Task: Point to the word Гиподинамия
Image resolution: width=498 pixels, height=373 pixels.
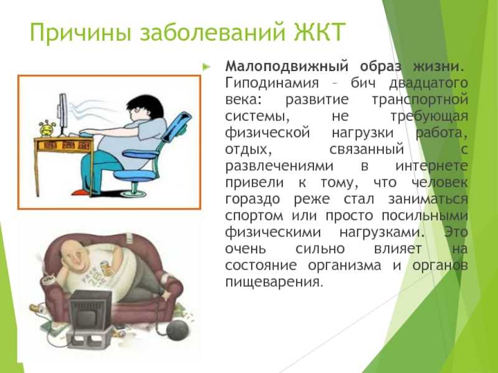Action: click(x=272, y=83)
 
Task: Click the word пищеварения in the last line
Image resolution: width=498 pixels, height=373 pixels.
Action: click(x=274, y=282)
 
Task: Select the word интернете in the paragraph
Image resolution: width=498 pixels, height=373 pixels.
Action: click(x=431, y=165)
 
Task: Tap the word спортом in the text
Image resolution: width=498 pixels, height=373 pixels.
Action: click(x=254, y=216)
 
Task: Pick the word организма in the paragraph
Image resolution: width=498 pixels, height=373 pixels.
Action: click(x=344, y=265)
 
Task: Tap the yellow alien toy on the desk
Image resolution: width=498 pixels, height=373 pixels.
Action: click(x=47, y=128)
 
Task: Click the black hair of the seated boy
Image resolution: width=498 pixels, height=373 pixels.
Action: click(x=147, y=105)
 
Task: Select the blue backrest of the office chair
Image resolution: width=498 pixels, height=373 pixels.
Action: click(x=177, y=126)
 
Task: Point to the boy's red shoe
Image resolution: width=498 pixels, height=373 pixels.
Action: click(x=81, y=191)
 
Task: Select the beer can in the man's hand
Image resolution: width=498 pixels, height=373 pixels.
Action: click(x=106, y=268)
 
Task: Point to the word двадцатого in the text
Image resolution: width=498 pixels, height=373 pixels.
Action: click(x=428, y=84)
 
